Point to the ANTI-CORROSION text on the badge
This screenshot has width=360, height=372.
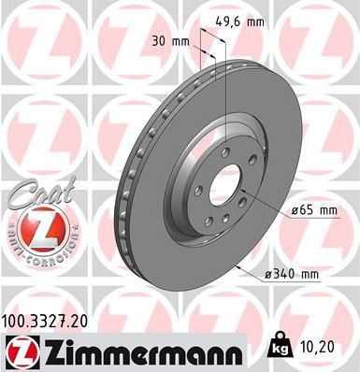coord(34,250)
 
